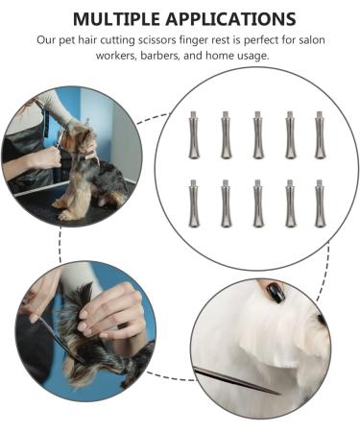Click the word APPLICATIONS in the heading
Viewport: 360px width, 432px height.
pyautogui.click(x=230, y=19)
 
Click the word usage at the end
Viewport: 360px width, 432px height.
pyautogui.click(x=253, y=57)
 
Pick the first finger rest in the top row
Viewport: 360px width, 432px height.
pyautogui.click(x=194, y=135)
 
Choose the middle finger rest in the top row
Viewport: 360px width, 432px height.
pyautogui.click(x=257, y=135)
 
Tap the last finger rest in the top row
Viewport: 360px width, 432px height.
pyautogui.click(x=320, y=135)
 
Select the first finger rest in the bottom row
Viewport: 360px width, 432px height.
pyautogui.click(x=194, y=204)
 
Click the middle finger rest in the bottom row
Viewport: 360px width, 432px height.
pyautogui.click(x=257, y=204)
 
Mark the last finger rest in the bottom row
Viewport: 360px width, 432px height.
pyautogui.click(x=320, y=204)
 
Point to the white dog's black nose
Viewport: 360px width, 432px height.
pyautogui.click(x=322, y=320)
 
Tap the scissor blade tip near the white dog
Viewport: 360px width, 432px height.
pyautogui.click(x=279, y=394)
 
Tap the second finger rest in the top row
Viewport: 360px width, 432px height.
pyautogui.click(x=226, y=135)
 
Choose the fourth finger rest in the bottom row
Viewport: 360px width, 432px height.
pyautogui.click(x=290, y=204)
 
